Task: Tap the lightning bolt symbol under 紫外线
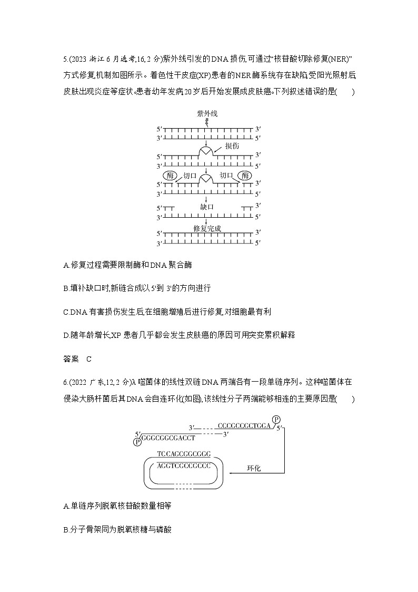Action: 206,122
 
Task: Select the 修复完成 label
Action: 207,228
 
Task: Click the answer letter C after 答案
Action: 89,359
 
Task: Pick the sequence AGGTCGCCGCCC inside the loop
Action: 184,466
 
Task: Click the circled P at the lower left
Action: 137,441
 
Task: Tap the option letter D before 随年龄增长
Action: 65,335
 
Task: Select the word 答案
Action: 71,359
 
